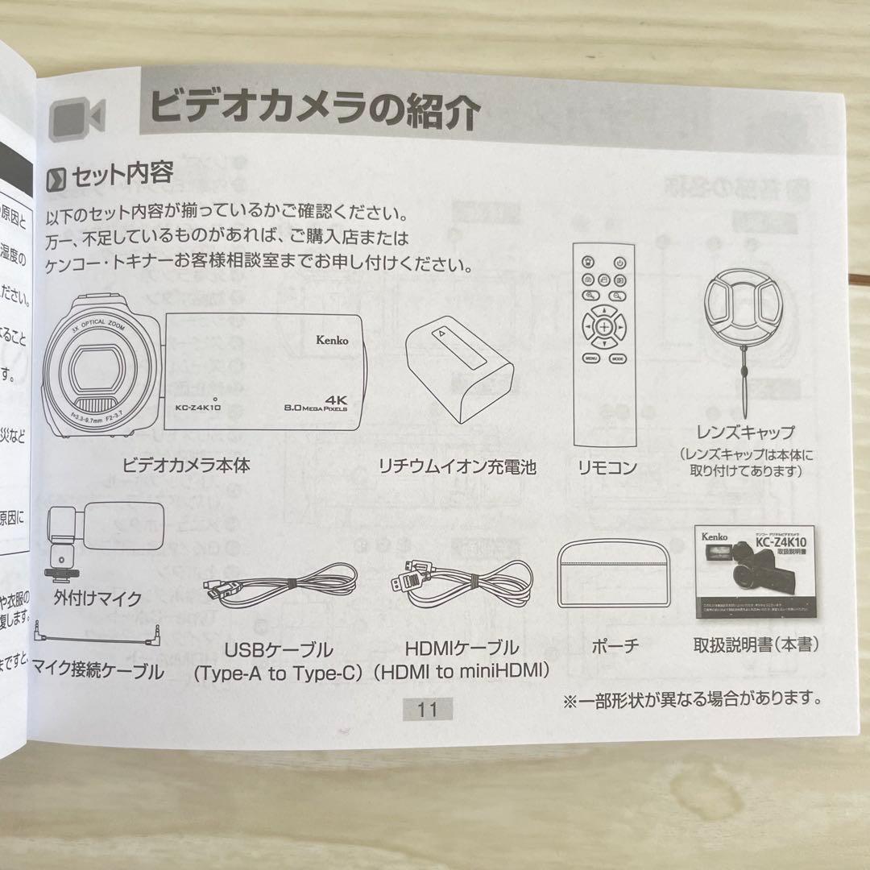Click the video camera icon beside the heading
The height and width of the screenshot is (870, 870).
[77, 118]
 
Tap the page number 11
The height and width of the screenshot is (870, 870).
[427, 709]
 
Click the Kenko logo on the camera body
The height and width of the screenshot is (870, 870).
[332, 340]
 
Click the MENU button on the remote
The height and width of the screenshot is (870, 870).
[590, 357]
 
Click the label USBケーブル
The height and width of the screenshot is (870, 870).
[279, 649]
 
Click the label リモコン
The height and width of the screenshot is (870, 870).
[607, 467]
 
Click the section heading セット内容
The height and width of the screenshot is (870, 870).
[122, 173]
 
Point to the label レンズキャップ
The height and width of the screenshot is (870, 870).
[746, 433]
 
